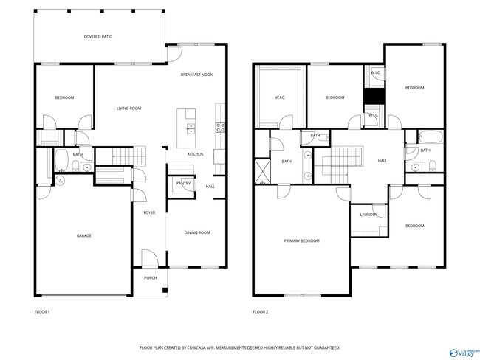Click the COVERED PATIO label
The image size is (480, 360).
tap(98, 35)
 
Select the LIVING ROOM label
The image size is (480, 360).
tap(128, 108)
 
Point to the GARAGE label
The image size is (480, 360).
tap(84, 235)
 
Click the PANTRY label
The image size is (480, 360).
tap(183, 183)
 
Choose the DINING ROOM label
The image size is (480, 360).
tap(197, 232)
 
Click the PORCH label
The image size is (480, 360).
tap(150, 278)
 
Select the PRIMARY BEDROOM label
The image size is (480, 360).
tap(302, 240)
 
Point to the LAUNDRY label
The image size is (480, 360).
tap(368, 215)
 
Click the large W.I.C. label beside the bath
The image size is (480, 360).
tap(281, 97)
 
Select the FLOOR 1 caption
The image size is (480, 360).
tap(43, 312)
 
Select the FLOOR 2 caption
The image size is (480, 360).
tap(261, 312)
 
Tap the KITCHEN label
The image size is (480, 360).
tap(195, 154)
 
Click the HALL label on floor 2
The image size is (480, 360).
tap(383, 160)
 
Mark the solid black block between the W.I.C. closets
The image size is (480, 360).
tap(373, 97)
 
